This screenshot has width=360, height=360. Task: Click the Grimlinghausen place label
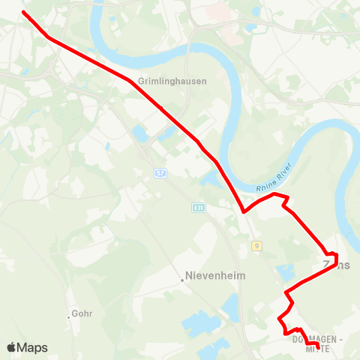tap(161, 80)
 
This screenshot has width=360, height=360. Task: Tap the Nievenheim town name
tap(215, 275)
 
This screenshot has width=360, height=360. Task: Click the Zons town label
tap(336, 265)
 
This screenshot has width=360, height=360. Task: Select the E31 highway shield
tap(198, 208)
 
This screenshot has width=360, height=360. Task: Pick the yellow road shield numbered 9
tap(256, 245)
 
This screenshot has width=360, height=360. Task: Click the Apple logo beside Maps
tap(12, 347)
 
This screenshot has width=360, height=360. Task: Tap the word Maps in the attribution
tap(32, 348)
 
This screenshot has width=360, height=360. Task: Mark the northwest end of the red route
tap(23, 13)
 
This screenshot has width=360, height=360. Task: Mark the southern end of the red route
tap(318, 346)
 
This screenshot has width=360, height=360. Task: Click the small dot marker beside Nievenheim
tap(181, 281)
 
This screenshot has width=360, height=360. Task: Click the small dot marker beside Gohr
tap(68, 316)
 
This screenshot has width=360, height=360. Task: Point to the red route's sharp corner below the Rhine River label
tap(244, 211)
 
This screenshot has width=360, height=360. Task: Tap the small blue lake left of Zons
tap(284, 271)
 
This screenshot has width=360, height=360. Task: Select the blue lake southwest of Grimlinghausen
tap(139, 134)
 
